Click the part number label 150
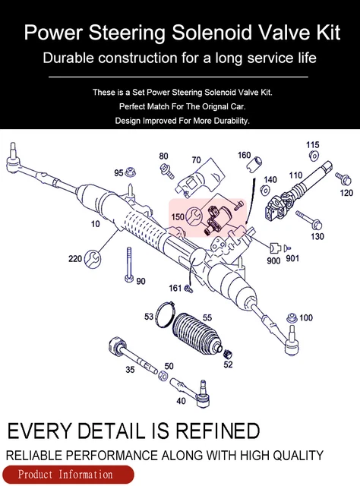click(177, 216)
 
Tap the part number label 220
click(74, 259)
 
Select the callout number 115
click(312, 145)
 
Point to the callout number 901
click(292, 259)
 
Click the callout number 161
click(175, 288)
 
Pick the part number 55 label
click(207, 317)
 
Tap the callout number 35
click(130, 369)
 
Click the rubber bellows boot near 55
click(197, 336)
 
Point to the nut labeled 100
click(289, 317)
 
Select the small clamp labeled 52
click(226, 353)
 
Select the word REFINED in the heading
click(208, 431)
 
